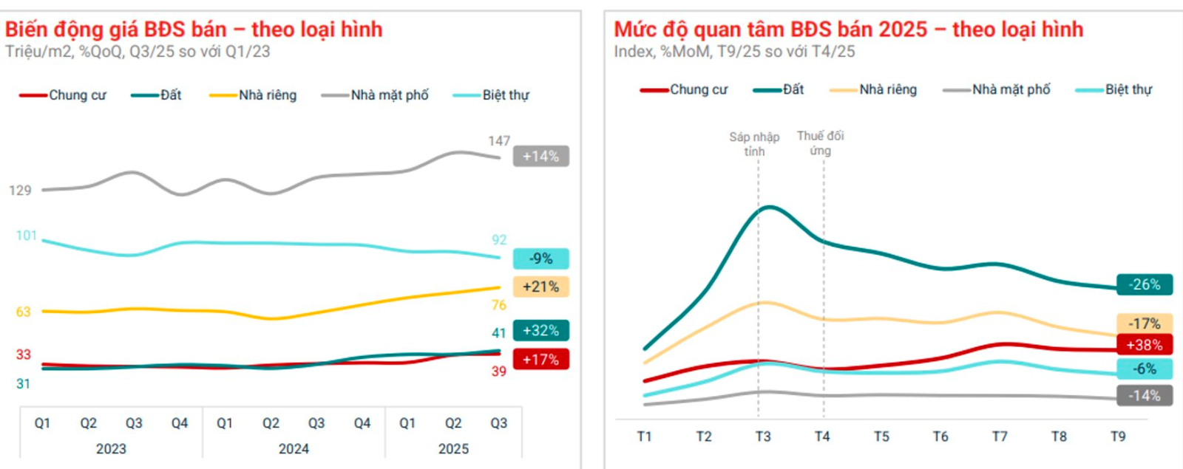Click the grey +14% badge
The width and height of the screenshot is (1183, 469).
coord(540,156)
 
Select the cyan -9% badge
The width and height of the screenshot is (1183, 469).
coord(540,259)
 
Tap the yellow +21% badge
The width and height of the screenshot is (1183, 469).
coord(540,287)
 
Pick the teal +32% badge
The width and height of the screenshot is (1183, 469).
coord(540,330)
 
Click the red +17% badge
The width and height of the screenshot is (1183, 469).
coord(540,360)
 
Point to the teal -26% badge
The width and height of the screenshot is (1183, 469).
coord(1144,284)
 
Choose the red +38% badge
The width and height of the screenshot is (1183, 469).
coord(1144,344)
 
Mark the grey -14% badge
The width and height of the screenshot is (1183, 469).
coord(1144,396)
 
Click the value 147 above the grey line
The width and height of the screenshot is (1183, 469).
coord(499,140)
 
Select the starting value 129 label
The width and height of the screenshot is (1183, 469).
coord(20,191)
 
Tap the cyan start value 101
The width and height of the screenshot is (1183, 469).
coord(26,236)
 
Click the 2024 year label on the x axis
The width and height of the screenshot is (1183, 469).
coord(294,449)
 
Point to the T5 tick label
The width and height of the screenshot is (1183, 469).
coord(881,437)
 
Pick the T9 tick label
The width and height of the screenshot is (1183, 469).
coord(1118,437)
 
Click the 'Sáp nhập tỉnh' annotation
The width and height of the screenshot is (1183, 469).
coord(754,144)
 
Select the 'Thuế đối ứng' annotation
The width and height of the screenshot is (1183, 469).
coord(820,143)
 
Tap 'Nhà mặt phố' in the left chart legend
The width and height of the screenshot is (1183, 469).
coord(389,95)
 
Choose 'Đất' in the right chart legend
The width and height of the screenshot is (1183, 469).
coord(793,89)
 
